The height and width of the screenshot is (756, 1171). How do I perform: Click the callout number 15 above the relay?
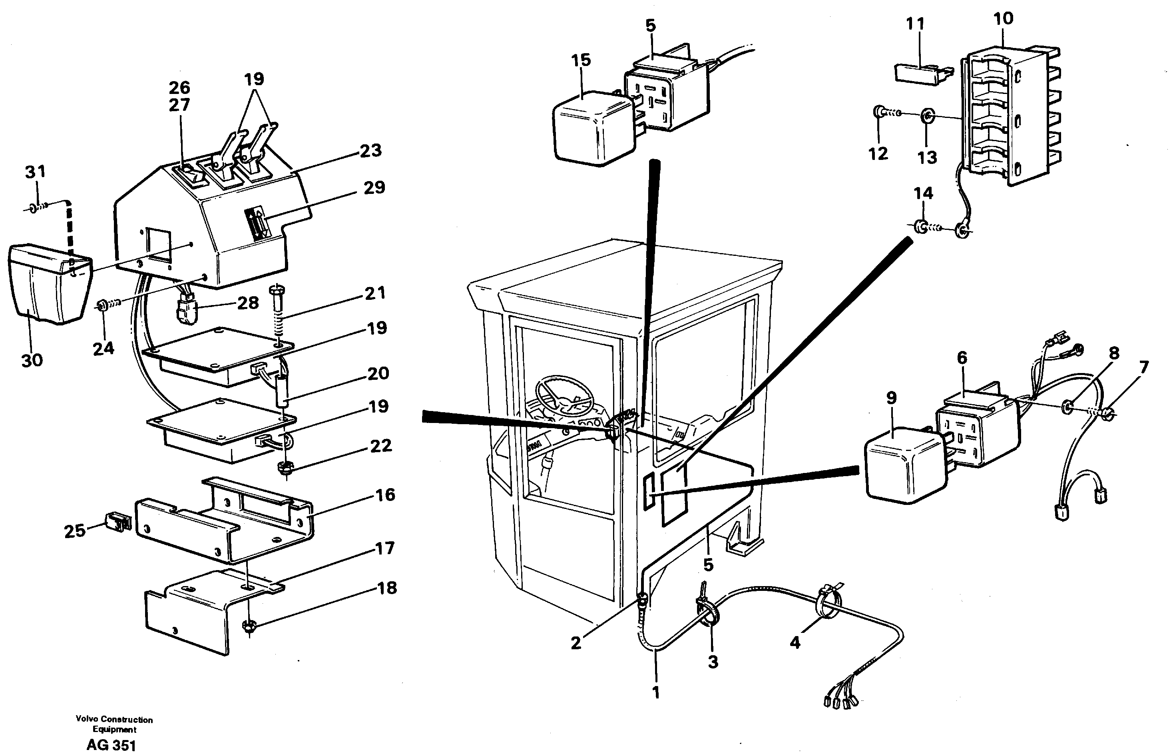[x=581, y=60]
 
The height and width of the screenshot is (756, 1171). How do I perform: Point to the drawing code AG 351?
[x=111, y=745]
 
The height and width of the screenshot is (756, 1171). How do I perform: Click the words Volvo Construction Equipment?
[x=114, y=724]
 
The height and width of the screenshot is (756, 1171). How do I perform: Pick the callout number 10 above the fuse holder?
[x=1003, y=19]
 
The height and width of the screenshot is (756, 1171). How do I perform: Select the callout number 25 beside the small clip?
[x=75, y=531]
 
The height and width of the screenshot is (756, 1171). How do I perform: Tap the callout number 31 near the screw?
[x=35, y=172]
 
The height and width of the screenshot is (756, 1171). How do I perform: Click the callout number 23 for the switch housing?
[x=370, y=151]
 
